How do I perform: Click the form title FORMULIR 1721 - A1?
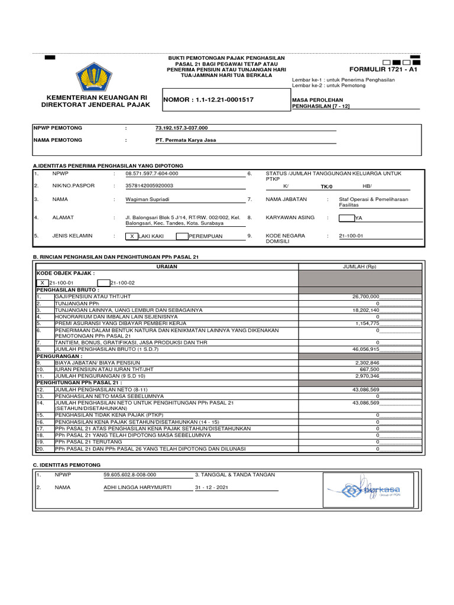[383, 69]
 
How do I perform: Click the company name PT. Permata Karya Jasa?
[182, 140]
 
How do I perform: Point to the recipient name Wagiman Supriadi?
[148, 200]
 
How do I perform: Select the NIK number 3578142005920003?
[150, 186]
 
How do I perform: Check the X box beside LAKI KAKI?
[131, 236]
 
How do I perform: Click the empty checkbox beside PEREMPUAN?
[181, 236]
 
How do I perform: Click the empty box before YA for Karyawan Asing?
[346, 218]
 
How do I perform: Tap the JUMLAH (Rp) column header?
[359, 267]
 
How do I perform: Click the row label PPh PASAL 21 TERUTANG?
[88, 441]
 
